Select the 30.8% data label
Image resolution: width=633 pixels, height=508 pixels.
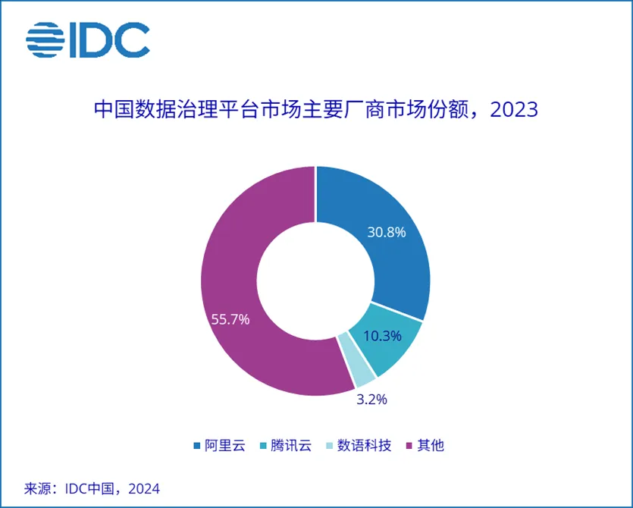click(x=387, y=232)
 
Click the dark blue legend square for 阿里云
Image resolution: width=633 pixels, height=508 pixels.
click(x=197, y=445)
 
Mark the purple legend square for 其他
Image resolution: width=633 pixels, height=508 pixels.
click(x=412, y=445)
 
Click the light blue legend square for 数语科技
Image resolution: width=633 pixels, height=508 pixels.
click(x=332, y=445)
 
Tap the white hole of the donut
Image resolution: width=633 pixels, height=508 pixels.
click(x=315, y=281)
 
